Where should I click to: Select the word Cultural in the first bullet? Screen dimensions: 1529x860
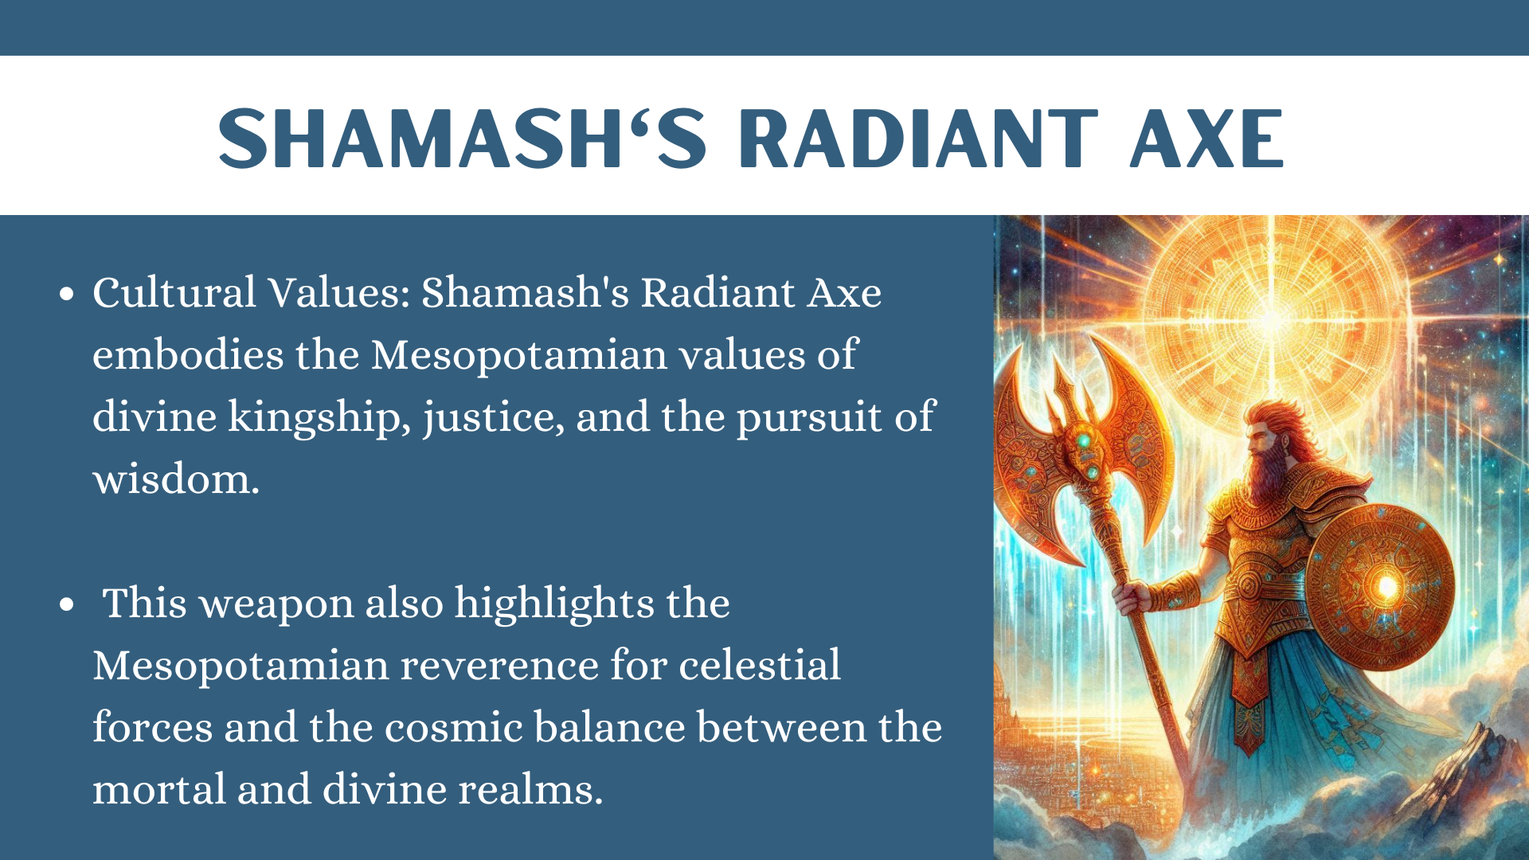tap(174, 292)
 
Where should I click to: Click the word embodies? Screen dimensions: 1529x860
tap(188, 354)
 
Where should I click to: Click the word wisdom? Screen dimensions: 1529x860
tap(176, 479)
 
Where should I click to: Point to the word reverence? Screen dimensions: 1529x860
tap(499, 666)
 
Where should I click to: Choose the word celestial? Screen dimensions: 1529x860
tap(760, 665)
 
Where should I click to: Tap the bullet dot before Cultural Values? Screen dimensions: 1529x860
tap(67, 294)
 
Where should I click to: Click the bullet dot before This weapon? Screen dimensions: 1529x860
tap(67, 604)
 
